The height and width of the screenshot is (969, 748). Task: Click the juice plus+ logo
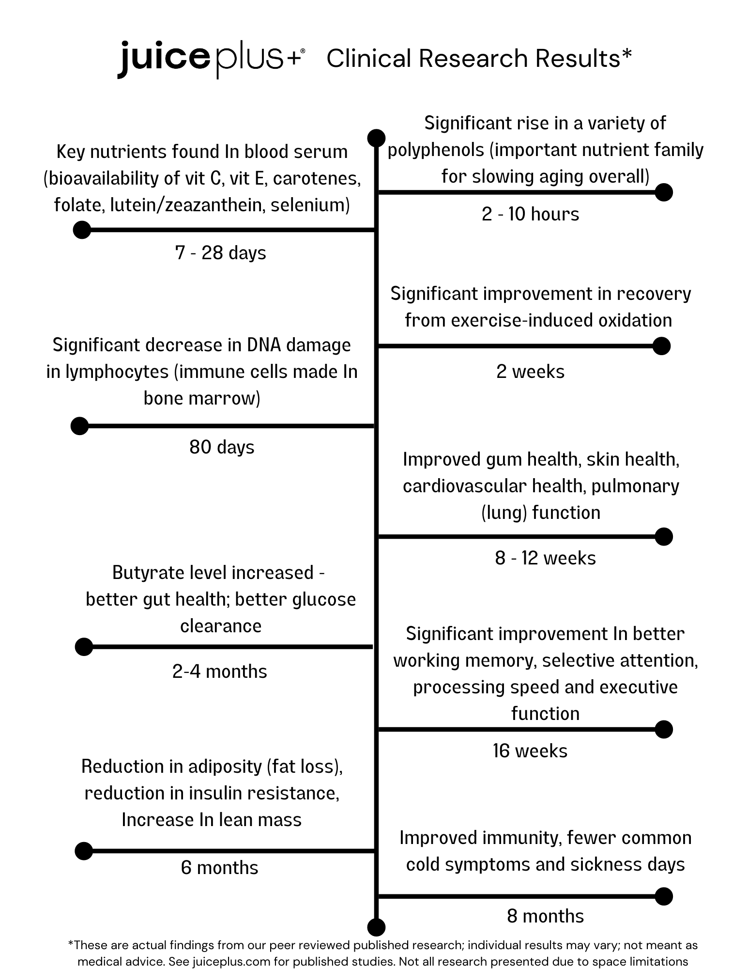click(211, 60)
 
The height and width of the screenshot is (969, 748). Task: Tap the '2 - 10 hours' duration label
click(530, 214)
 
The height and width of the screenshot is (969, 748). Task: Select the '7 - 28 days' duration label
click(221, 253)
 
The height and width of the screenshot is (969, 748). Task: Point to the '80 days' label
click(222, 447)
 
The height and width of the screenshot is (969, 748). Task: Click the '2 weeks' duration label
click(530, 372)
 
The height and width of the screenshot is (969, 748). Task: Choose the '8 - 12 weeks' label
click(545, 558)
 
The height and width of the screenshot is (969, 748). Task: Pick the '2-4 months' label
click(220, 672)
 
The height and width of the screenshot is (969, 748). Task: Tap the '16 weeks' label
click(530, 751)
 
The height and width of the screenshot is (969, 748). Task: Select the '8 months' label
click(545, 916)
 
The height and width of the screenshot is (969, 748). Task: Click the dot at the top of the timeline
click(377, 138)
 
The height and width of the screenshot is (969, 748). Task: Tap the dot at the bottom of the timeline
click(377, 927)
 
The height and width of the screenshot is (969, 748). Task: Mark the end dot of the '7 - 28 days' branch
click(82, 230)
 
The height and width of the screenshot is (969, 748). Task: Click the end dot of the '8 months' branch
click(664, 896)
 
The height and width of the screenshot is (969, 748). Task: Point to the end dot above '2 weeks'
click(661, 346)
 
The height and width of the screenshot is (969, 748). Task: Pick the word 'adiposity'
click(225, 767)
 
